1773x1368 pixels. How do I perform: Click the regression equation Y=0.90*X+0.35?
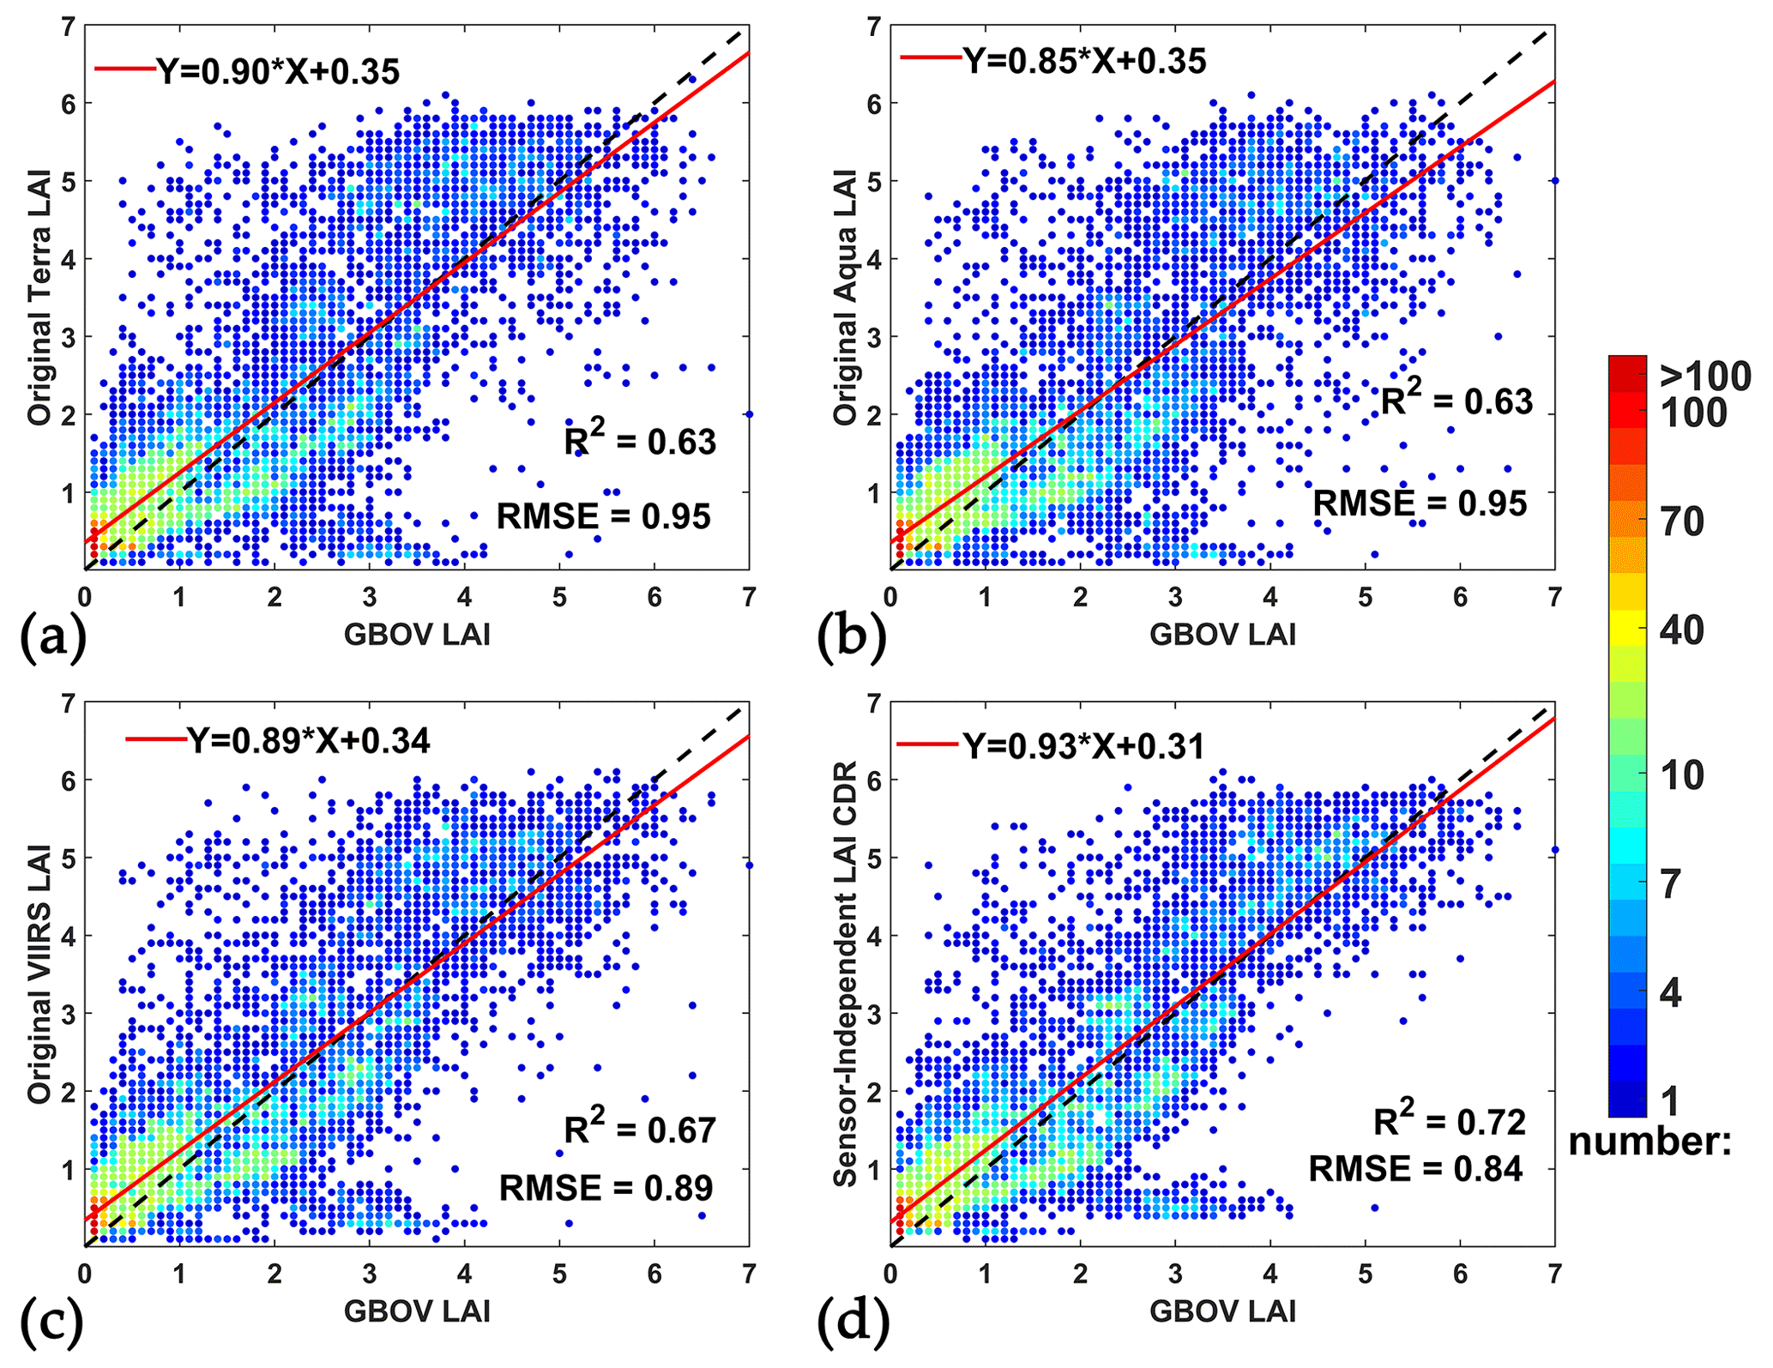tap(278, 71)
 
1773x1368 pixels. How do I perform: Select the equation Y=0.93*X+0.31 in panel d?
tap(1084, 746)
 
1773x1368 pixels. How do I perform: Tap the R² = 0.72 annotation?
tap(1450, 1121)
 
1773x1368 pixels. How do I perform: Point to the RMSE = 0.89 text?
tap(606, 1188)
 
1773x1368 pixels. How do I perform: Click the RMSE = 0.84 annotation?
tap(1415, 1168)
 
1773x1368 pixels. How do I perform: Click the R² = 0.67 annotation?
tap(640, 1129)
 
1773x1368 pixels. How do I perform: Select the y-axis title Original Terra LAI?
tap(39, 298)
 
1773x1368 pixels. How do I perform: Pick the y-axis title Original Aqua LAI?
tap(846, 298)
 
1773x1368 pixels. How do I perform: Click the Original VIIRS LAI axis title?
tap(39, 974)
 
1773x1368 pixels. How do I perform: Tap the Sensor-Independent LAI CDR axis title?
tap(846, 974)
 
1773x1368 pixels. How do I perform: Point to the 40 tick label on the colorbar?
tap(1681, 630)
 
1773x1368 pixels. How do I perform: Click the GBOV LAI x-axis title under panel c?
tap(417, 1311)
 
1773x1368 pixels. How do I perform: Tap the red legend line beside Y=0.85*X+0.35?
tap(930, 57)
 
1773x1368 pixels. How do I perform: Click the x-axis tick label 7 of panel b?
tap(1554, 597)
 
